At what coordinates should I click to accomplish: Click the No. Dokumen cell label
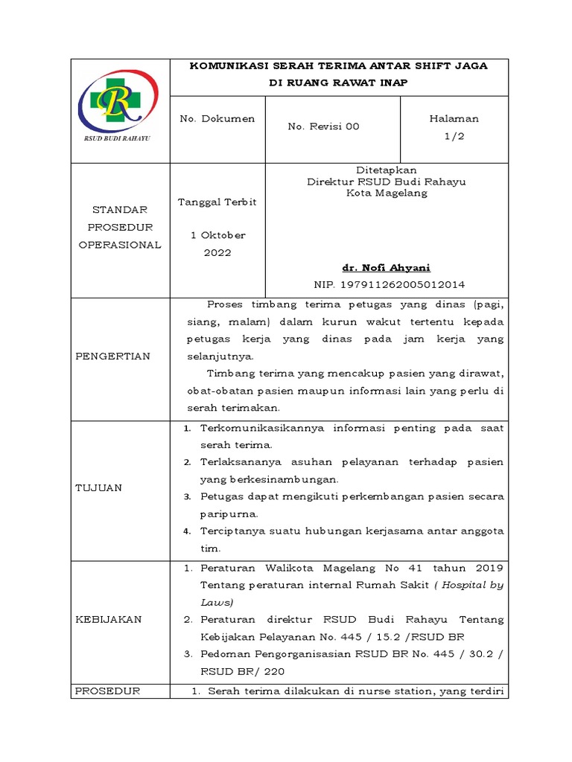click(x=217, y=118)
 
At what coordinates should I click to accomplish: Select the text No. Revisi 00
click(x=323, y=127)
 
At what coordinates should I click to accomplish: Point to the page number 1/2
click(x=454, y=135)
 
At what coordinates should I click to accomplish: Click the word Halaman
click(x=454, y=118)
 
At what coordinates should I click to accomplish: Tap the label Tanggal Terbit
click(x=217, y=202)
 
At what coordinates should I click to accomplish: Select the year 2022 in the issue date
click(x=217, y=252)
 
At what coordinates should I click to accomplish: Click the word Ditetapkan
click(x=387, y=170)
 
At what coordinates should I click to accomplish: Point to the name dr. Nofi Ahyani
click(x=387, y=268)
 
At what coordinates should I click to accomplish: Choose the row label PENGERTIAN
click(x=113, y=356)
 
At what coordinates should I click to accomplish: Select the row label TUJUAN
click(x=99, y=487)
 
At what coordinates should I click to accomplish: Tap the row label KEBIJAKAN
click(x=109, y=619)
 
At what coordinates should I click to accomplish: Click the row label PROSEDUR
click(x=109, y=691)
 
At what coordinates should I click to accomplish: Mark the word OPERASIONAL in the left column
click(x=119, y=245)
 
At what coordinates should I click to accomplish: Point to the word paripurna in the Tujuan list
click(x=229, y=513)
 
